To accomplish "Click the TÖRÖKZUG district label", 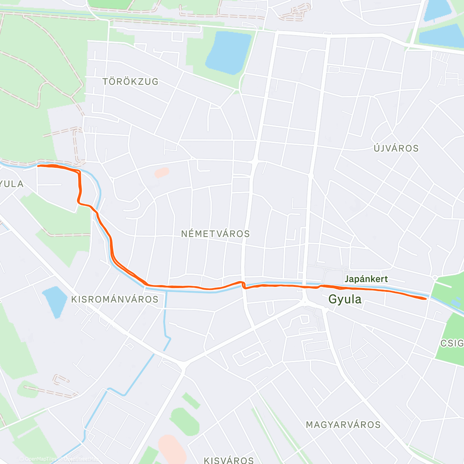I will coord(130,82).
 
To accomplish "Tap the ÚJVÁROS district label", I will coord(396,148).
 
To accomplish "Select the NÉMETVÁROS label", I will coord(215,234).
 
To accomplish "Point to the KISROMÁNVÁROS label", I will coord(115,299).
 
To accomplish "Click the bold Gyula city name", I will coord(345,299).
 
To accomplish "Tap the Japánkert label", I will coord(366,279).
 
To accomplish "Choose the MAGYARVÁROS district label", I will coord(343,425).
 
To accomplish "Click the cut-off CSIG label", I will coord(452,343).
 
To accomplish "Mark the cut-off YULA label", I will coord(12,184).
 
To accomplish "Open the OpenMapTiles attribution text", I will coord(38,459).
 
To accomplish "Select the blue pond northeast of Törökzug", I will coord(228,53).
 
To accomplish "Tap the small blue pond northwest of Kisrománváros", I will coord(55,302).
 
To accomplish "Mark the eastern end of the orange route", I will coord(426,299).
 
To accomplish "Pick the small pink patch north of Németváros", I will coord(162,172).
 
